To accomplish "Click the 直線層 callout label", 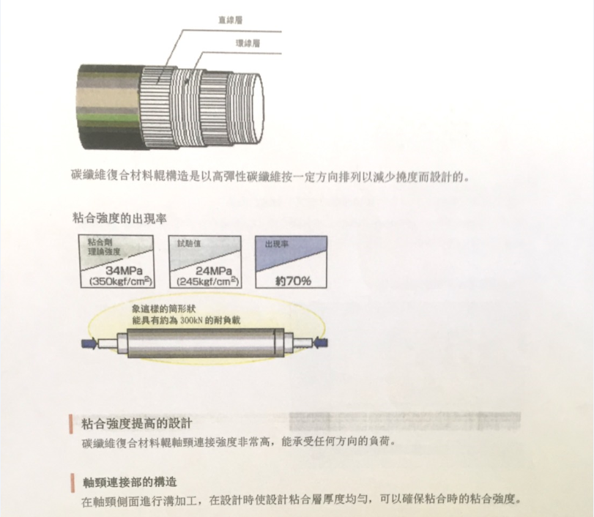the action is pos(230,20).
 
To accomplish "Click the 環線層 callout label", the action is pos(248,42).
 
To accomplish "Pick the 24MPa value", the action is pos(214,271).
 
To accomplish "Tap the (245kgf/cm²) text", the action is pos(208,282).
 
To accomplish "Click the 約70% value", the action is pos(293,280).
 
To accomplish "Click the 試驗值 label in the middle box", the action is pos(189,244).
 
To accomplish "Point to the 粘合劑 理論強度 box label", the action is pos(104,247).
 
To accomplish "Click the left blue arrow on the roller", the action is pos(89,343).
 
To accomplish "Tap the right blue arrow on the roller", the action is pos(321,343).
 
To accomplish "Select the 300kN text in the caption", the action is pos(191,321).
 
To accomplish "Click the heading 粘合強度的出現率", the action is pos(119,218).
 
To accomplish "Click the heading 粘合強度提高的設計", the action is pos(137,423).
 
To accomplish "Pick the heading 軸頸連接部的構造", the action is pos(130,482).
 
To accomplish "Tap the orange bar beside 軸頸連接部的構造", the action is pos(72,483).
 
